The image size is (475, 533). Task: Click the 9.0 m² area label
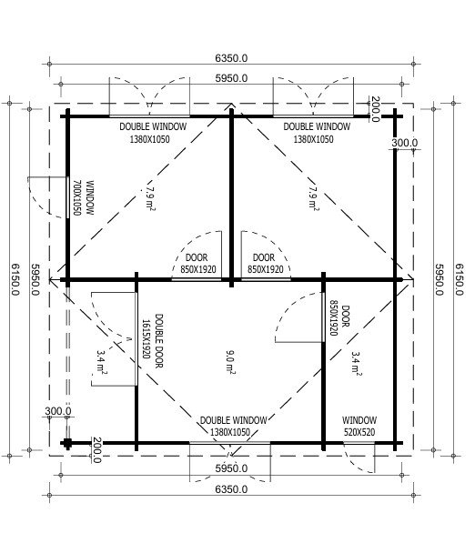pyautogui.click(x=230, y=362)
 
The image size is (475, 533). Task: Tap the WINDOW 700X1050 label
pyautogui.click(x=83, y=197)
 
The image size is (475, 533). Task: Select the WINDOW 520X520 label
pyautogui.click(x=359, y=427)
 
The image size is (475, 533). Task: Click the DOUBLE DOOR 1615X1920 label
pyautogui.click(x=152, y=340)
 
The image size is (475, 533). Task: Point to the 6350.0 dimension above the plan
pyautogui.click(x=231, y=58)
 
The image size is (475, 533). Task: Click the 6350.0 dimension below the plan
pyautogui.click(x=231, y=489)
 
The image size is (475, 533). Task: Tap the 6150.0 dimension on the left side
pyautogui.click(x=15, y=279)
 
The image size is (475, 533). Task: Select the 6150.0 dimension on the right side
pyautogui.click(x=459, y=279)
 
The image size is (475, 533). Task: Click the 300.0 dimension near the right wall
pyautogui.click(x=404, y=143)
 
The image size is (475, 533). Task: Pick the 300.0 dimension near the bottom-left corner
pyautogui.click(x=58, y=411)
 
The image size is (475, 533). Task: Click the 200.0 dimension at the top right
pyautogui.click(x=375, y=109)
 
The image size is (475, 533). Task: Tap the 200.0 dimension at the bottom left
pyautogui.click(x=96, y=450)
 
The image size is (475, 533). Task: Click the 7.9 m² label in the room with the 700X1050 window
pyautogui.click(x=149, y=196)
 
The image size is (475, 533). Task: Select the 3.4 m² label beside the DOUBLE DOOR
pyautogui.click(x=101, y=362)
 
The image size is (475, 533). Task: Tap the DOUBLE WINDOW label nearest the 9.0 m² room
pyautogui.click(x=233, y=427)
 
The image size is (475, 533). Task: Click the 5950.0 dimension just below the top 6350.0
pyautogui.click(x=231, y=78)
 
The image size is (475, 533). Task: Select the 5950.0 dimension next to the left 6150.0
pyautogui.click(x=35, y=279)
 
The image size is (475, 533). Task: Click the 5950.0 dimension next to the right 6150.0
pyautogui.click(x=440, y=279)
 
